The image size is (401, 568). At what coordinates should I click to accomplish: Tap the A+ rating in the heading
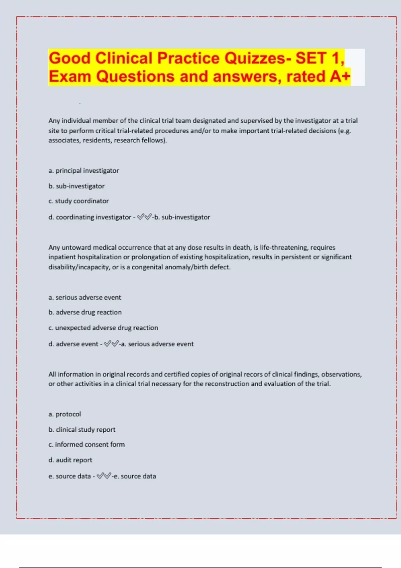340,77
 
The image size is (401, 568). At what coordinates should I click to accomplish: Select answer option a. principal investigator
84,171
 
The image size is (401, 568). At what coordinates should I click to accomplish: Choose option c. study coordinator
79,201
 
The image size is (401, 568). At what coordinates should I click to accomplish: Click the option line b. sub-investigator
77,186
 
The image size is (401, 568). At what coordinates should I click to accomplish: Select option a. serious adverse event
85,297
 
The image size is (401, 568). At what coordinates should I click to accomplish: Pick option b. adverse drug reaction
85,312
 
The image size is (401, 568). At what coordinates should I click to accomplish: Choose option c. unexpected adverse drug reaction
103,328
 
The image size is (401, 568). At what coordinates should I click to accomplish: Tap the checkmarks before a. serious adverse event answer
111,344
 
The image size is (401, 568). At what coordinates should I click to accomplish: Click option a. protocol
65,414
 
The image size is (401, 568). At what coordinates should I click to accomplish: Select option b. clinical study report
82,430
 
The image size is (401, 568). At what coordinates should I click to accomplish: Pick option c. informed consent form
87,445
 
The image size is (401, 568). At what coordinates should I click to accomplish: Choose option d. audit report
70,460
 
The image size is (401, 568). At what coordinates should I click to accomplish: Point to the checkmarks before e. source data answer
104,476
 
